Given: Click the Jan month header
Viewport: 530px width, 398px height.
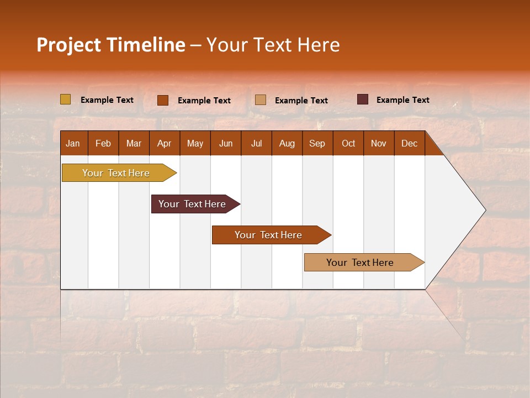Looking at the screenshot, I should [x=73, y=143].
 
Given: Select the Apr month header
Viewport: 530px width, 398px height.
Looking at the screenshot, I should [x=165, y=143].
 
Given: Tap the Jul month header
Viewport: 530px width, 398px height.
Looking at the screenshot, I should [x=256, y=143].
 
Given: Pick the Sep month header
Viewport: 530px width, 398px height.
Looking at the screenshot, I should [x=317, y=143].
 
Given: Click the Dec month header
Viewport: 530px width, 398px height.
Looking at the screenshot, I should [x=409, y=143].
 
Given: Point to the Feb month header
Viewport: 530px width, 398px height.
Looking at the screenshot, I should [x=103, y=143].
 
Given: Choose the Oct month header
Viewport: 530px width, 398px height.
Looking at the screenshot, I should [x=348, y=143].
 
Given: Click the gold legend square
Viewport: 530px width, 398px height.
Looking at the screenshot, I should [x=65, y=99].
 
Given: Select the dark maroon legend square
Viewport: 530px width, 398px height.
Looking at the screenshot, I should [x=362, y=99].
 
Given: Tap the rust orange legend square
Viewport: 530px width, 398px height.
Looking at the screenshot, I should [x=162, y=100].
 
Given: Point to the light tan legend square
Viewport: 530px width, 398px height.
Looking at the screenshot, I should [x=261, y=100].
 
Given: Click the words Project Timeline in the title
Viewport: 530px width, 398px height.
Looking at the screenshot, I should [x=111, y=45].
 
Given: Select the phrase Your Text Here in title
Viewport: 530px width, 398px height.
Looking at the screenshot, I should [x=273, y=45].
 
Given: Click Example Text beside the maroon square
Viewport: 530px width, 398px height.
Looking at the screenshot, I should [x=402, y=100].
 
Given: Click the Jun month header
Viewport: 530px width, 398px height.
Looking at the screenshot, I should [x=226, y=143].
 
